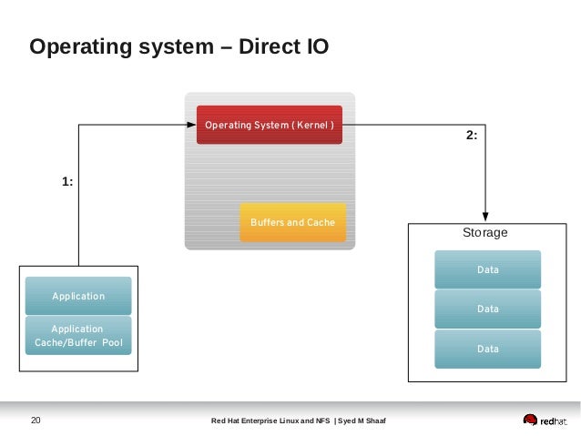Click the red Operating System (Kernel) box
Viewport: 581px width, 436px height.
[x=269, y=125]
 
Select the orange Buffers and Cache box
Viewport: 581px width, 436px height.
[x=292, y=222]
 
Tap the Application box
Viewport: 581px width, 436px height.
[x=78, y=296]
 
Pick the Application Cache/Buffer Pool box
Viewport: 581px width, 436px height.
[x=78, y=336]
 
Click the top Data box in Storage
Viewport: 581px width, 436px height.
[x=487, y=270]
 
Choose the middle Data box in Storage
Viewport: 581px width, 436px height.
[x=487, y=309]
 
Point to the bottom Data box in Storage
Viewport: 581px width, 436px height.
[x=487, y=349]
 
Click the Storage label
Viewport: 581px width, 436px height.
[x=484, y=233]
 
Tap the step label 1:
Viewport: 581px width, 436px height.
[x=67, y=182]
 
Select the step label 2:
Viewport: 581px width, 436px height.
[x=471, y=135]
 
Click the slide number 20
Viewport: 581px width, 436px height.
[x=36, y=420]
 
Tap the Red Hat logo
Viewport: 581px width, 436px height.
[x=545, y=420]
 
